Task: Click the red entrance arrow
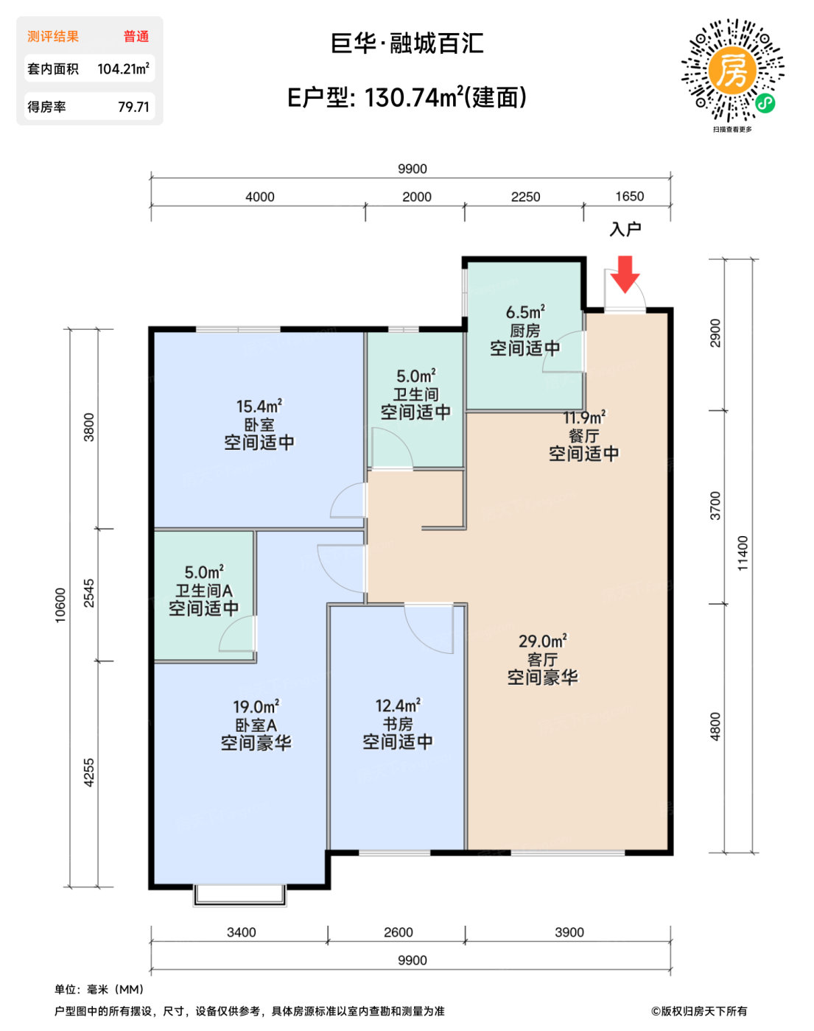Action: pyautogui.click(x=625, y=275)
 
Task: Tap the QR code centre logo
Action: pyautogui.click(x=731, y=71)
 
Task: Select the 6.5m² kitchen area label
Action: pyautogui.click(x=525, y=312)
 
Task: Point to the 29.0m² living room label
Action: pyautogui.click(x=543, y=641)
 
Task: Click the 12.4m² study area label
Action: pyautogui.click(x=398, y=705)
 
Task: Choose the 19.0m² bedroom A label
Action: pyautogui.click(x=256, y=707)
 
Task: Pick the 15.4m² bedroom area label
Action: pyautogui.click(x=259, y=407)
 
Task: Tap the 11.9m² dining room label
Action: pyautogui.click(x=584, y=418)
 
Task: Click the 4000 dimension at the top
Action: pyautogui.click(x=260, y=197)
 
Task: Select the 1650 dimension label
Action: pyautogui.click(x=629, y=197)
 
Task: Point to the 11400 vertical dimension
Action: pyautogui.click(x=743, y=553)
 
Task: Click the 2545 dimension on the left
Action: pyautogui.click(x=89, y=593)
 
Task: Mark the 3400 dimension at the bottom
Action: pyautogui.click(x=242, y=932)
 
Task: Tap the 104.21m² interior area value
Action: pyautogui.click(x=123, y=68)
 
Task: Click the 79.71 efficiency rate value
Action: pyautogui.click(x=134, y=106)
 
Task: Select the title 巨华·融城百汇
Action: pyautogui.click(x=407, y=43)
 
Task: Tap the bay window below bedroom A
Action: pyautogui.click(x=239, y=895)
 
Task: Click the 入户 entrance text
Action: pyautogui.click(x=625, y=229)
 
